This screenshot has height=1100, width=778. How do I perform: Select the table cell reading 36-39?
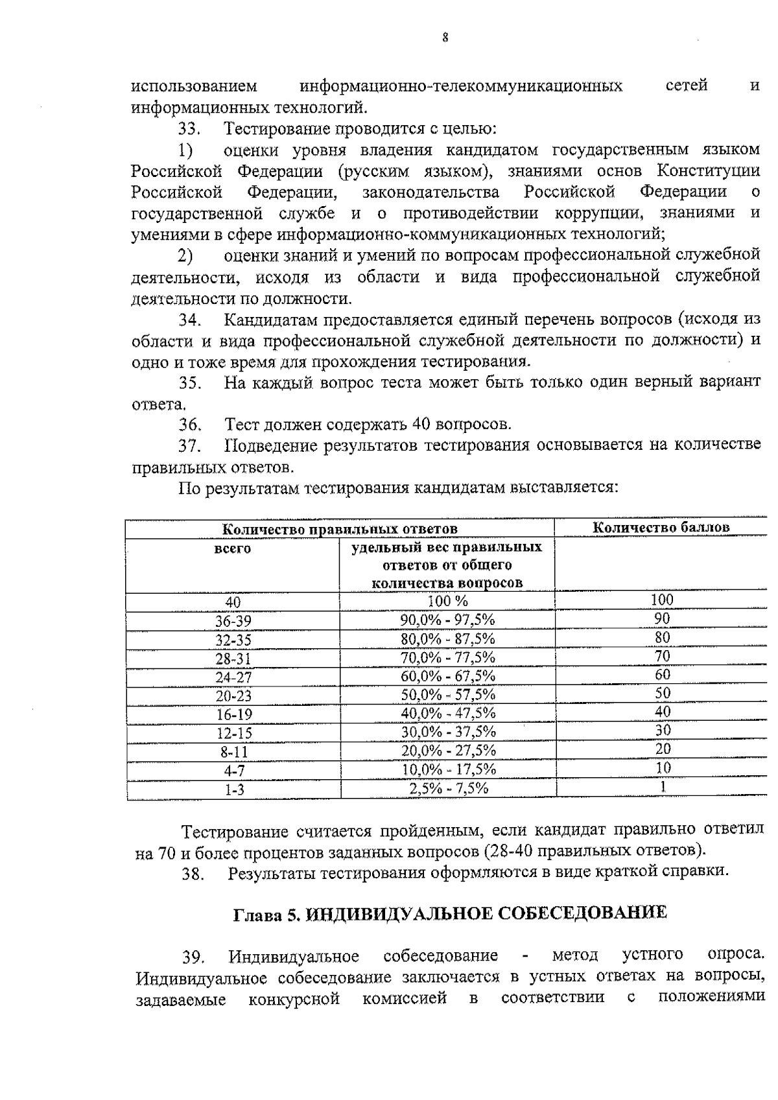point(233,621)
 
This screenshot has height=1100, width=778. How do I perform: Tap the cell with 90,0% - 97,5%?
point(447,620)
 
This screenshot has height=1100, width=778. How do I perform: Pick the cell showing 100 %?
point(447,601)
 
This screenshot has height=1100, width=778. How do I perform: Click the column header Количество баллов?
point(661,527)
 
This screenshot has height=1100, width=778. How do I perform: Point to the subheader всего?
point(232,550)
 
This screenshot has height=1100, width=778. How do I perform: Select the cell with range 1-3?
point(234,790)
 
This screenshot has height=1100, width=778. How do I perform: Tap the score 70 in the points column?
point(662,656)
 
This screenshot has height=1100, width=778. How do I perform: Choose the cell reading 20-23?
point(233,696)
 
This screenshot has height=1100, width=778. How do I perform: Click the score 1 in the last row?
point(663,786)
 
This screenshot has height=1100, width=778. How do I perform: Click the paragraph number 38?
point(193,874)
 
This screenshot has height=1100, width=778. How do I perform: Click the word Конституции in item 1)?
point(708,171)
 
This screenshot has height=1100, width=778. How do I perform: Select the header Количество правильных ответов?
point(340,529)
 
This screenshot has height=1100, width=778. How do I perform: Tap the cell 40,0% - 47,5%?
point(448,713)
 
